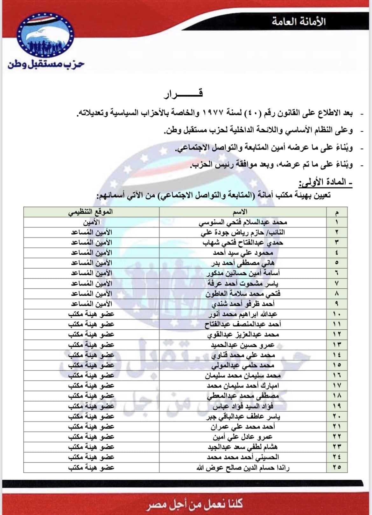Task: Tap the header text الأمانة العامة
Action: coord(299,21)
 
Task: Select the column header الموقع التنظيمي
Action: coord(91,212)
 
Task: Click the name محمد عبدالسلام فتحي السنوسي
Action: coord(243,222)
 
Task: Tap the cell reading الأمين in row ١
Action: coord(91,222)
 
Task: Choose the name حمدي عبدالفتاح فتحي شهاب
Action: coord(243,243)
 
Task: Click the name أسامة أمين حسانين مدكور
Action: coord(243,273)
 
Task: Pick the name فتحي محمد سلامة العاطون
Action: coord(243,293)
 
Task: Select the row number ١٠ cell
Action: coord(337,314)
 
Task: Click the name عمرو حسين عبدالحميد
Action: coord(243,345)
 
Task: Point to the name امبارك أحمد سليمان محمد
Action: coord(243,386)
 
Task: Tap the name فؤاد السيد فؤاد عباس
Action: coord(243,406)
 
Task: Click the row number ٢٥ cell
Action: coord(337,467)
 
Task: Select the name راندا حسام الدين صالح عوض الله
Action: coord(243,468)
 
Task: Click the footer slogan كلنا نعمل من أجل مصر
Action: coord(195,504)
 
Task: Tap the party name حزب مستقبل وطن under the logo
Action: coord(46,64)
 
